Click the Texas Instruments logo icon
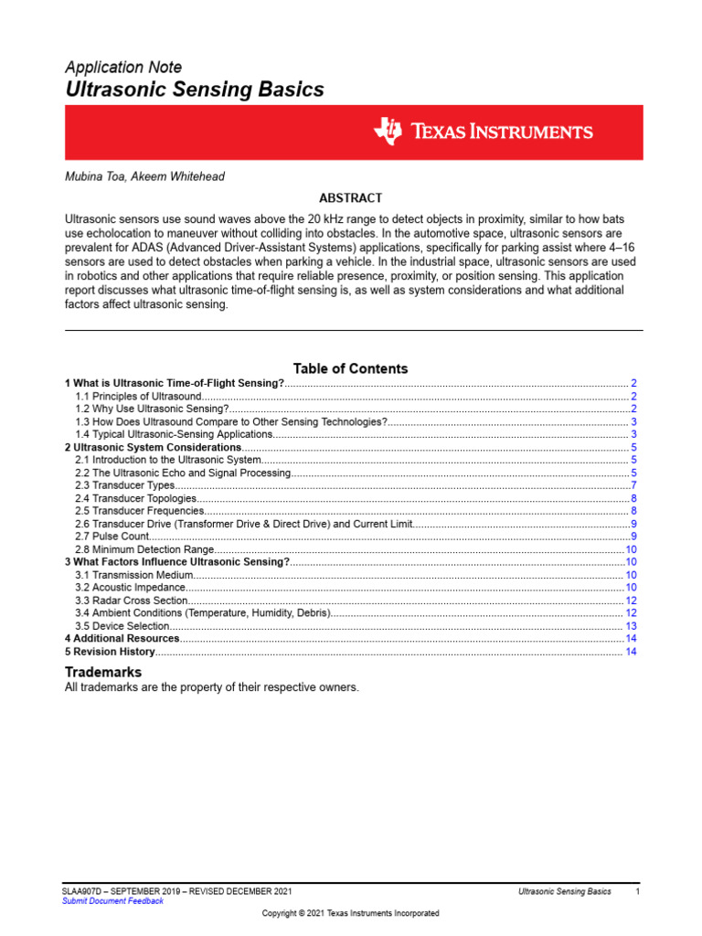click(x=387, y=132)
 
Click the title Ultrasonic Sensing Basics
click(x=194, y=90)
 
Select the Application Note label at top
click(x=122, y=67)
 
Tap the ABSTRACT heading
click(x=350, y=197)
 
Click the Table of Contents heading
click(x=350, y=368)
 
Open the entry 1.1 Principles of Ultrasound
click(x=137, y=396)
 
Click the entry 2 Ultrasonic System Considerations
click(x=153, y=447)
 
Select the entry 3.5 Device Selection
click(x=122, y=626)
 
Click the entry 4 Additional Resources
click(x=122, y=638)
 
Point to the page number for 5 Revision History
click(x=631, y=652)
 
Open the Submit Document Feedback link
click(x=112, y=900)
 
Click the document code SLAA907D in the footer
click(x=82, y=890)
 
